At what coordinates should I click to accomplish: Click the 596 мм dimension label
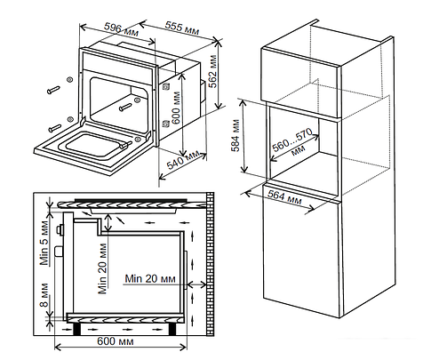(121, 29)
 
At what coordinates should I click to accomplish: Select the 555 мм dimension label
(182, 28)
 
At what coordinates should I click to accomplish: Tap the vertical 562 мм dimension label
(212, 71)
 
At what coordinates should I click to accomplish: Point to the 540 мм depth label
(183, 159)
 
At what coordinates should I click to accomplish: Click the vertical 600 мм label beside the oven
(176, 108)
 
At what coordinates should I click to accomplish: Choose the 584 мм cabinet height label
(235, 135)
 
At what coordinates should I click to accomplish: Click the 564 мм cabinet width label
(284, 197)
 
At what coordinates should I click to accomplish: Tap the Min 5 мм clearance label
(44, 243)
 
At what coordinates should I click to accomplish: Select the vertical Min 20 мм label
(102, 268)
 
